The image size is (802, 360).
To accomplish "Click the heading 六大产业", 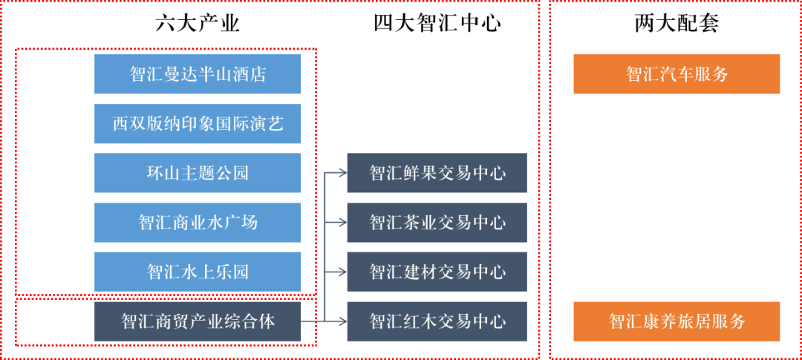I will pyautogui.click(x=198, y=24).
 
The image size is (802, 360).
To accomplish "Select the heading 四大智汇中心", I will pyautogui.click(x=437, y=24).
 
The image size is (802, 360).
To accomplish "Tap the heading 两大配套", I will pyautogui.click(x=677, y=24).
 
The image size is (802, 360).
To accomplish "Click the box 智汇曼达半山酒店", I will pyautogui.click(x=198, y=74).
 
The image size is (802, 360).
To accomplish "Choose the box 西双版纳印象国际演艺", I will pyautogui.click(x=198, y=123).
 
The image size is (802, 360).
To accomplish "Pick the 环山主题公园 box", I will pyautogui.click(x=198, y=173).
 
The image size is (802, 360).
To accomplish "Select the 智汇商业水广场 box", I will pyautogui.click(x=198, y=222).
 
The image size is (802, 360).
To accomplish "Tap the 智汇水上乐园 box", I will pyautogui.click(x=198, y=272).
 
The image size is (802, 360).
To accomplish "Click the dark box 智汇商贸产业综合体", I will pyautogui.click(x=198, y=321).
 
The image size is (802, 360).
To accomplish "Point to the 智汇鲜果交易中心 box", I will pyautogui.click(x=437, y=173).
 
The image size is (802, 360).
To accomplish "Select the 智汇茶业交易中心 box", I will pyautogui.click(x=437, y=222).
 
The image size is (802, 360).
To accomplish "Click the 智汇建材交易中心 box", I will pyautogui.click(x=437, y=272).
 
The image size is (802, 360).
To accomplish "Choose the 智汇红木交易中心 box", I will pyautogui.click(x=437, y=321).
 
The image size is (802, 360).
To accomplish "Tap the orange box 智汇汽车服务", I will pyautogui.click(x=677, y=74).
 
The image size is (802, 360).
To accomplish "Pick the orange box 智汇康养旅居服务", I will pyautogui.click(x=677, y=321).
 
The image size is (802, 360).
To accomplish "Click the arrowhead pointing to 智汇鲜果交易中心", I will pyautogui.click(x=342, y=173).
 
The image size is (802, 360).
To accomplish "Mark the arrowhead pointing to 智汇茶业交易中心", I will pyautogui.click(x=342, y=222).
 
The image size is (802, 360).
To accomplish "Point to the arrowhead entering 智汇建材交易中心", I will pyautogui.click(x=342, y=272).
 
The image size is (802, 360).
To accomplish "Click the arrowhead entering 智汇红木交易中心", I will pyautogui.click(x=342, y=321).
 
